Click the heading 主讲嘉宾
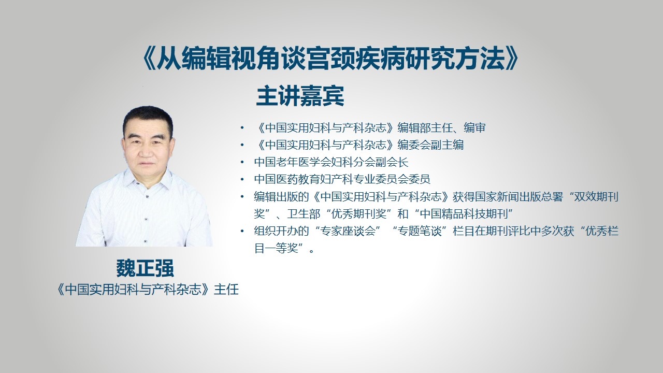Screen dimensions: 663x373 (x=300, y=96)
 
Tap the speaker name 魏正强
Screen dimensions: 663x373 (x=145, y=268)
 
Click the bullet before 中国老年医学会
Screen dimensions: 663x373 (x=242, y=162)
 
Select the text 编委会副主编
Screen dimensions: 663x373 (x=430, y=145)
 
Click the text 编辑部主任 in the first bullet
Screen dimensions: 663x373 (x=425, y=127)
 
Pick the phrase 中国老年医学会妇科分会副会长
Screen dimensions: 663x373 (x=331, y=162)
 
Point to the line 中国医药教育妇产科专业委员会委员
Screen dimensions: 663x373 (x=342, y=179)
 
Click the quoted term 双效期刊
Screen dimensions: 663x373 (x=596, y=196)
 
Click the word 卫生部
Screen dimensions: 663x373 (x=304, y=214)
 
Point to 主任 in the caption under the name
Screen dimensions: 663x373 (x=226, y=290)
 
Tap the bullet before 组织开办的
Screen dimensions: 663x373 (x=242, y=231)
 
